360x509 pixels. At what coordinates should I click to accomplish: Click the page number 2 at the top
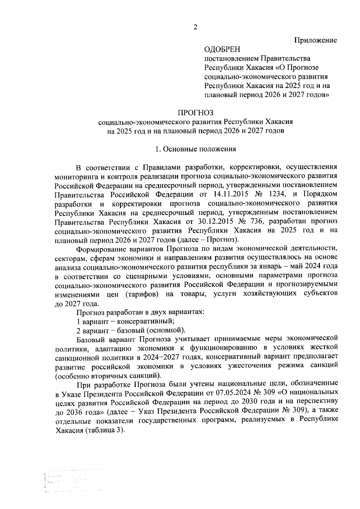(x=195, y=28)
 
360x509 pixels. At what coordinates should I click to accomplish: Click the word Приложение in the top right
(x=315, y=40)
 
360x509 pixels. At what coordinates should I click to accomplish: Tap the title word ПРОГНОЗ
(x=196, y=113)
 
